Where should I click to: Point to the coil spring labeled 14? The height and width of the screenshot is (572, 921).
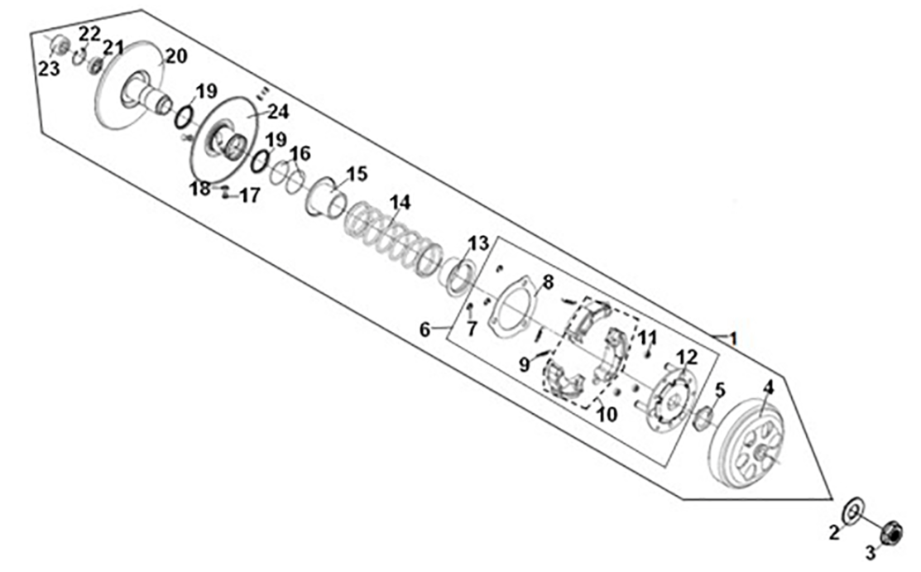[393, 236]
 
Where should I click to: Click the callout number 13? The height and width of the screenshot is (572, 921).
[479, 243]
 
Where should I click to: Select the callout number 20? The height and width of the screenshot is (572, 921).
[176, 56]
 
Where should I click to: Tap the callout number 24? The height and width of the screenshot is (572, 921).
[279, 111]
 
